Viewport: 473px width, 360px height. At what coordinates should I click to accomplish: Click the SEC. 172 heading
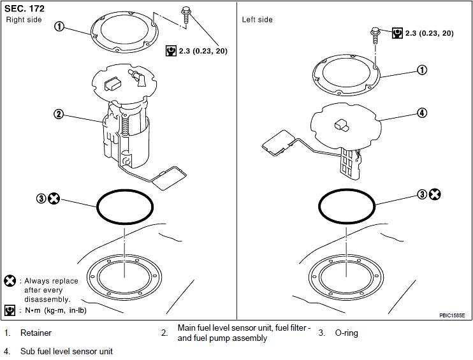(x=24, y=8)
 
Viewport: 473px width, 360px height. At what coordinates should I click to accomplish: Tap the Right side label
(x=24, y=20)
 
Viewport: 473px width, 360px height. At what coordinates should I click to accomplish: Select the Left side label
(x=257, y=20)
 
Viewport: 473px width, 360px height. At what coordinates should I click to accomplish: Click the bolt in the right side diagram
(x=186, y=16)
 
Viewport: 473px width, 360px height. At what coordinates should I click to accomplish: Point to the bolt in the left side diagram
(x=375, y=35)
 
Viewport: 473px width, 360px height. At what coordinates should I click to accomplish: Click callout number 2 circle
(x=59, y=114)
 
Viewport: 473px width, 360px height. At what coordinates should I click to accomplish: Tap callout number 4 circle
(x=422, y=113)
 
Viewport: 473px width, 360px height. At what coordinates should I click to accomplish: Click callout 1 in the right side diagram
(x=59, y=27)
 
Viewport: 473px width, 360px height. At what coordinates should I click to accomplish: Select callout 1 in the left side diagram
(x=422, y=70)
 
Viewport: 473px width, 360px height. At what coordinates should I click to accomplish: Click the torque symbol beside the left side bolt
(x=397, y=33)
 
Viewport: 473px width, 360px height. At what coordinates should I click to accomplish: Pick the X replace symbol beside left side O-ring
(x=435, y=194)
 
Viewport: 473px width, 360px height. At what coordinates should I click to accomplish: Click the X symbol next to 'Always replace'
(x=10, y=281)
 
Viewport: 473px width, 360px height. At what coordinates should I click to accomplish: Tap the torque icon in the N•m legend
(x=10, y=310)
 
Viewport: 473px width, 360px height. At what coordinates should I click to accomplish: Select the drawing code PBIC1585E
(x=451, y=315)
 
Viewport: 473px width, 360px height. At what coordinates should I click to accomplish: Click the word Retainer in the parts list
(x=36, y=333)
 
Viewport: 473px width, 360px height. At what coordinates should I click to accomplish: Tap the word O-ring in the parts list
(x=346, y=333)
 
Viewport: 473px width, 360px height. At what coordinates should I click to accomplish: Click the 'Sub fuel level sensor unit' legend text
(x=67, y=351)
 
